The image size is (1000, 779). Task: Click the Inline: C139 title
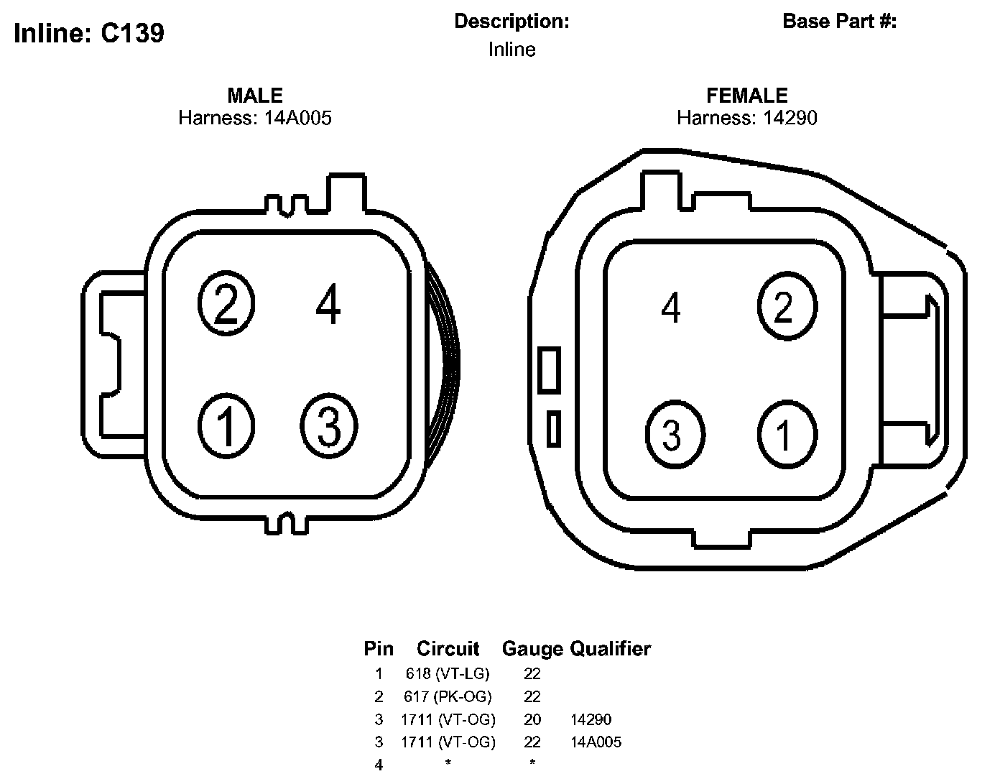pyautogui.click(x=89, y=33)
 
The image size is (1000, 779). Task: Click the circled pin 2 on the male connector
pyautogui.click(x=226, y=303)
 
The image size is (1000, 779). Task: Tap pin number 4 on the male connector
pyautogui.click(x=328, y=303)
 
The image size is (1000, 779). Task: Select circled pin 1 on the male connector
pyautogui.click(x=226, y=425)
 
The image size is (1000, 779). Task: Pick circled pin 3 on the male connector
pyautogui.click(x=328, y=425)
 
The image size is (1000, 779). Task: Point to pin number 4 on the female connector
pyautogui.click(x=670, y=307)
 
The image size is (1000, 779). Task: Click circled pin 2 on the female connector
pyautogui.click(x=787, y=306)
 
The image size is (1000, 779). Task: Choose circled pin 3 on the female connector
pyautogui.click(x=675, y=434)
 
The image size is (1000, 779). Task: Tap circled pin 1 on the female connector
pyautogui.click(x=787, y=434)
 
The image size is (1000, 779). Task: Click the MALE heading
pyautogui.click(x=255, y=96)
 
